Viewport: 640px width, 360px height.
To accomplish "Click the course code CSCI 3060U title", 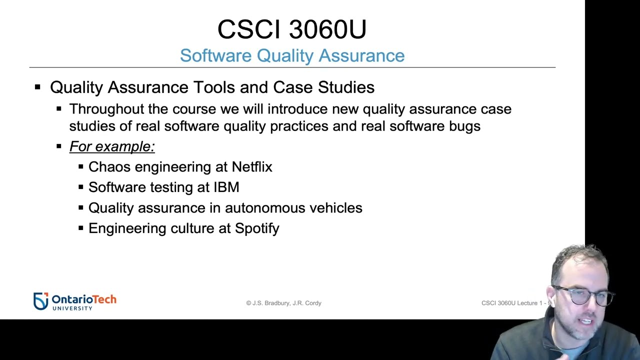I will [x=292, y=29].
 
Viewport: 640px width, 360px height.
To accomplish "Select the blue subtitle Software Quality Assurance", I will [x=292, y=55].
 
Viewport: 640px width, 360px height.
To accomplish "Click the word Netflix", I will [x=251, y=166].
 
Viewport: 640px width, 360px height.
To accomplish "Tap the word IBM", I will [x=226, y=187].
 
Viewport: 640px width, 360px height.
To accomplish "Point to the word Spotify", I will [x=257, y=228].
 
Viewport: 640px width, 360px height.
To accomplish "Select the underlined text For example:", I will [x=112, y=146].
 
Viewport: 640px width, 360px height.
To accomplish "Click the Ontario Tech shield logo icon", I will [x=40, y=300].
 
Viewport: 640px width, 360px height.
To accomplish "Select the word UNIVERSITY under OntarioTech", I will [x=72, y=308].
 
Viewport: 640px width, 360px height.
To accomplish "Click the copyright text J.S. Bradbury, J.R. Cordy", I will [x=283, y=303].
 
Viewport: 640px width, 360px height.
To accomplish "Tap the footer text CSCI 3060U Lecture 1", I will [x=512, y=303].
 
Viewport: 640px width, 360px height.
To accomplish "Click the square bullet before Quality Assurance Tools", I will [x=37, y=87].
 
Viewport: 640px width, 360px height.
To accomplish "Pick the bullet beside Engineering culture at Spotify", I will [x=81, y=228].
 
